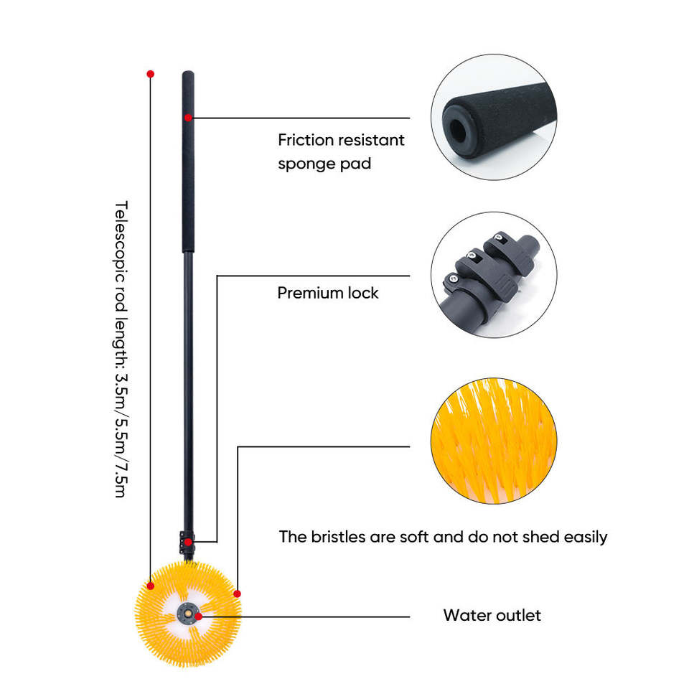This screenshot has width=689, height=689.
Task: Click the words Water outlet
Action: tap(492, 615)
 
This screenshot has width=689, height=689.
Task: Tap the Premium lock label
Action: tap(328, 293)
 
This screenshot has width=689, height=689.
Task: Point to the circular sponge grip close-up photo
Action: tap(493, 117)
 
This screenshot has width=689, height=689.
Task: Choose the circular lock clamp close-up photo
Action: tap(493, 274)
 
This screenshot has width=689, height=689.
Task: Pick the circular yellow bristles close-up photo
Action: tap(493, 440)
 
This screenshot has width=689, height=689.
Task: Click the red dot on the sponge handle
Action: tap(188, 117)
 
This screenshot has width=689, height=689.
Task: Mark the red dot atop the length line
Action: tap(150, 74)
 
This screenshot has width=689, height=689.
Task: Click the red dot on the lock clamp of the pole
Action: tap(188, 542)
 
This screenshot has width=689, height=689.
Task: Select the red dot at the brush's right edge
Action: tap(238, 594)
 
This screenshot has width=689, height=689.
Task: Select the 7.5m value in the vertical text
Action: tap(121, 477)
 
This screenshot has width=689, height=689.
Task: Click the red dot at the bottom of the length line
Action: tap(150, 586)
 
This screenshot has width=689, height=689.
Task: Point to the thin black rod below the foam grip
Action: tap(188, 395)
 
